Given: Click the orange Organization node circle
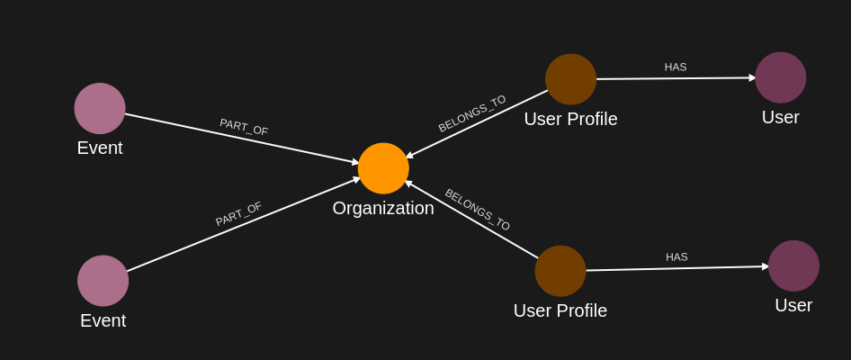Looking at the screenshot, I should click(x=383, y=168).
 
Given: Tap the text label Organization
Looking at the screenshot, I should click(x=383, y=208).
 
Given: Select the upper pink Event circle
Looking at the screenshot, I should click(x=100, y=108).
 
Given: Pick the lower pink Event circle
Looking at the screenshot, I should click(x=103, y=281).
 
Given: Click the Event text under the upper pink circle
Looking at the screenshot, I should click(x=100, y=148).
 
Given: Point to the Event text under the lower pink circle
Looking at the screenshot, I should click(x=103, y=320).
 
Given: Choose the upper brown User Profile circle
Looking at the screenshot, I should click(x=570, y=79).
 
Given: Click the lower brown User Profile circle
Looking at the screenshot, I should click(x=560, y=271).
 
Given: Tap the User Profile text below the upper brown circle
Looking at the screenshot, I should click(x=570, y=119).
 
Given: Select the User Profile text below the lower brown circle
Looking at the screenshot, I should click(x=560, y=310).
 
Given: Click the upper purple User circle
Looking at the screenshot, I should click(x=781, y=77).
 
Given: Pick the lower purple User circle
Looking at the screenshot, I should click(x=793, y=265).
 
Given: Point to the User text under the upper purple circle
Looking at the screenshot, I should click(x=781, y=117).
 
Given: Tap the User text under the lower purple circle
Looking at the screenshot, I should click(x=793, y=305).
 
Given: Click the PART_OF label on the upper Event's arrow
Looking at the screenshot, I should click(x=244, y=127).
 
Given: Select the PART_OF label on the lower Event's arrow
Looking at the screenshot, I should click(x=238, y=214).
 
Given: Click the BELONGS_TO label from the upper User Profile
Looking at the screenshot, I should click(x=472, y=113).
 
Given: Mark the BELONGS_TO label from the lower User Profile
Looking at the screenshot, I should click(x=478, y=210).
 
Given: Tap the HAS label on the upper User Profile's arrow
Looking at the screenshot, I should click(x=676, y=67).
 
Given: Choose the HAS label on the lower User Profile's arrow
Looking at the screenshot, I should click(x=676, y=256).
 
